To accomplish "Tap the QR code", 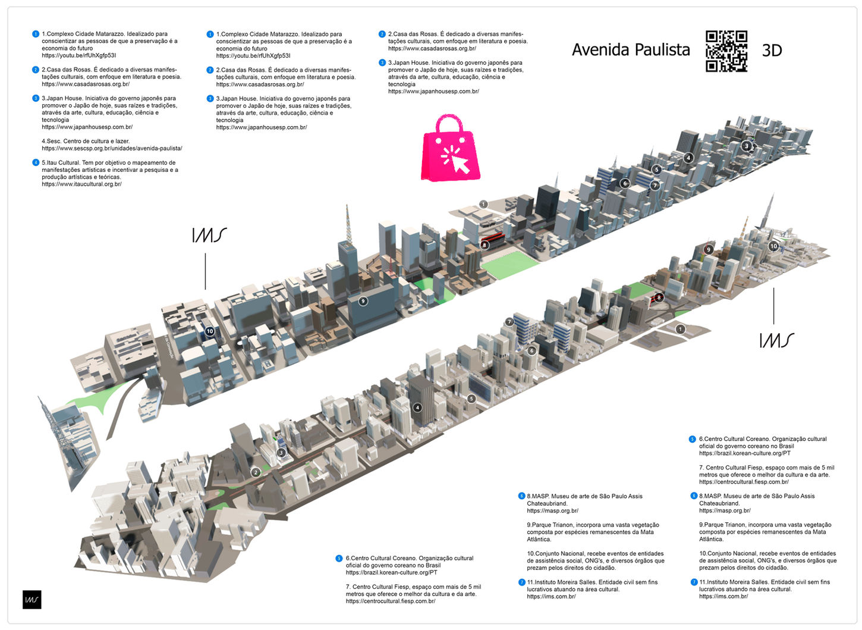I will [726, 51].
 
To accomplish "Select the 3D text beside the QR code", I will [772, 51].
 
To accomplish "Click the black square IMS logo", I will [32, 600].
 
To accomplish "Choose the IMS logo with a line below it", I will [209, 235].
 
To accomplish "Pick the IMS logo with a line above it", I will [776, 340].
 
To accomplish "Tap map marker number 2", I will [256, 472].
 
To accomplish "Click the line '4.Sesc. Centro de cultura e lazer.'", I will [86, 142].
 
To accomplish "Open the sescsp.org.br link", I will [112, 149].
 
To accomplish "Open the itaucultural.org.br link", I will [81, 184].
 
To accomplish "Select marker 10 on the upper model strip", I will [209, 331].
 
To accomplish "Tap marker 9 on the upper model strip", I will [363, 301].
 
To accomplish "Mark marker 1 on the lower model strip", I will [680, 329].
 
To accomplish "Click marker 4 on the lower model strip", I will [417, 408].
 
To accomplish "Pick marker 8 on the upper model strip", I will [485, 245].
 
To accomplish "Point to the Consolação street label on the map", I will [169, 346].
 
